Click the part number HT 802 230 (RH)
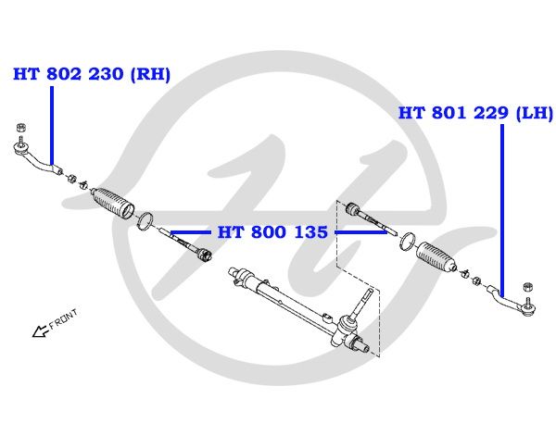click(91, 75)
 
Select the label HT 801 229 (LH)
click(474, 113)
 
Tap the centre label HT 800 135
click(272, 231)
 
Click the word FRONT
click(63, 320)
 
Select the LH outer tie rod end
click(509, 297)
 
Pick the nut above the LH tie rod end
click(527, 286)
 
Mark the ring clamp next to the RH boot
click(145, 220)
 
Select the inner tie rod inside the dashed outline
click(371, 218)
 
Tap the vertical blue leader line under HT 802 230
click(54, 125)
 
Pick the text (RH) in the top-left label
click(152, 75)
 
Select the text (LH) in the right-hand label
click(535, 113)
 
